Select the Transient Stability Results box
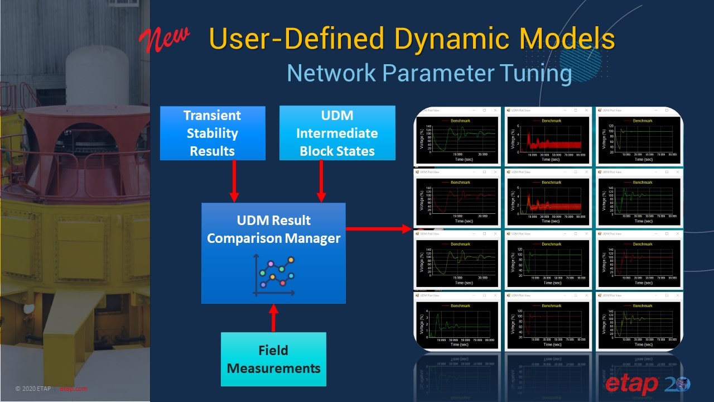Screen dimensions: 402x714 (x=212, y=133)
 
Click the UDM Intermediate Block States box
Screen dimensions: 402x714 (x=337, y=133)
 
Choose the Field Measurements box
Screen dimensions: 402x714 (x=273, y=359)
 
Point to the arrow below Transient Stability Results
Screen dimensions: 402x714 (x=234, y=181)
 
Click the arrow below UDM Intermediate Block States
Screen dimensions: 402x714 (x=321, y=181)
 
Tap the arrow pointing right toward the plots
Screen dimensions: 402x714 (x=379, y=228)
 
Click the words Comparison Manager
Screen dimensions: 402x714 (x=273, y=238)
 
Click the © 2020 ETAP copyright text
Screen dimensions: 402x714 (x=33, y=389)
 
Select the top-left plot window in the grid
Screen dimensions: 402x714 (x=457, y=136)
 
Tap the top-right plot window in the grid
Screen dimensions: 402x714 (x=639, y=136)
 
